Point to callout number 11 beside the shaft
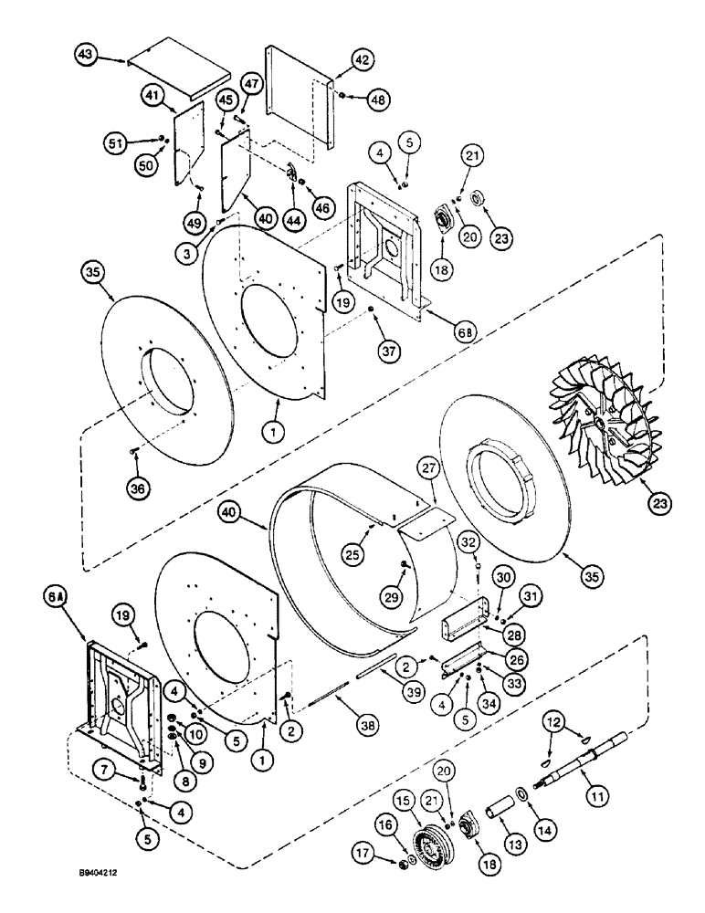tap(621, 796)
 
